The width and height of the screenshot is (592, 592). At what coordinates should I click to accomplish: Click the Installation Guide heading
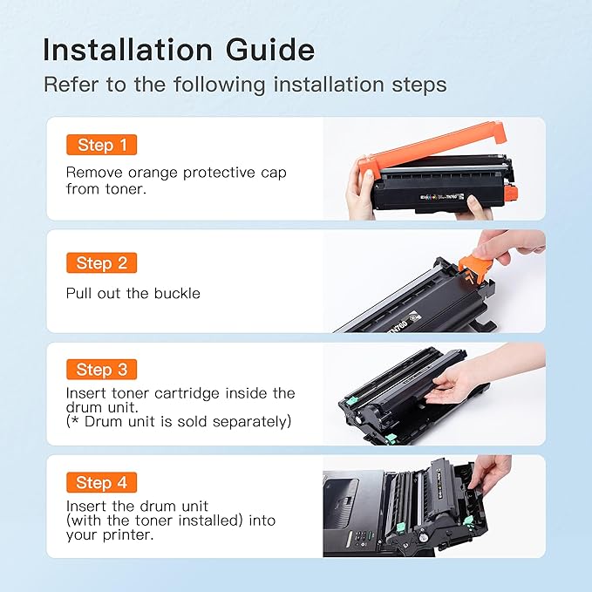pyautogui.click(x=178, y=50)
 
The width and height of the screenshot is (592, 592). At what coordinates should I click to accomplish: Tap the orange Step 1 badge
pyautogui.click(x=101, y=145)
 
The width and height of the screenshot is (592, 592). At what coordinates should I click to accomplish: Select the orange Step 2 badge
pyautogui.click(x=101, y=262)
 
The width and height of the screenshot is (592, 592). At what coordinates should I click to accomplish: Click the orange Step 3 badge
pyautogui.click(x=101, y=370)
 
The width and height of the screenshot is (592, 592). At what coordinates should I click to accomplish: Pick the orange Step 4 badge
pyautogui.click(x=101, y=482)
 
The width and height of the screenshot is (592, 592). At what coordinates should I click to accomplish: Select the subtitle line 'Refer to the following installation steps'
pyautogui.click(x=245, y=85)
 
